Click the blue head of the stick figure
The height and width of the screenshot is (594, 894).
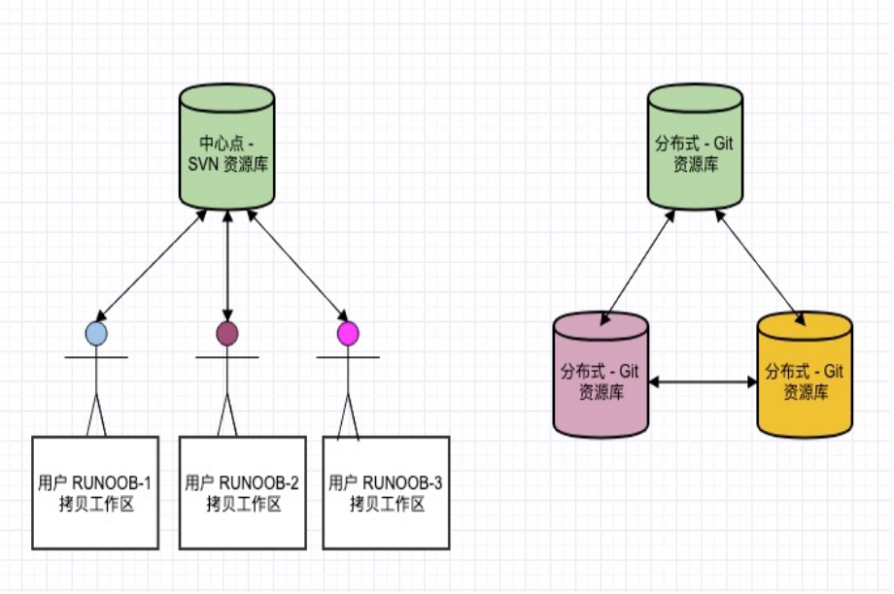[x=96, y=334]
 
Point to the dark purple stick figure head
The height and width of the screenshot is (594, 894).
[x=227, y=334]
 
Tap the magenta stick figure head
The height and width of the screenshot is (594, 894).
[x=347, y=334]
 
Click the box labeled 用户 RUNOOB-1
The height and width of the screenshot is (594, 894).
[x=95, y=492]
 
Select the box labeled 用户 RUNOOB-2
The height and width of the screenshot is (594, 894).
[x=242, y=492]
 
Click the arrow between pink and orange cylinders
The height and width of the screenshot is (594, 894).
[x=703, y=382]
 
